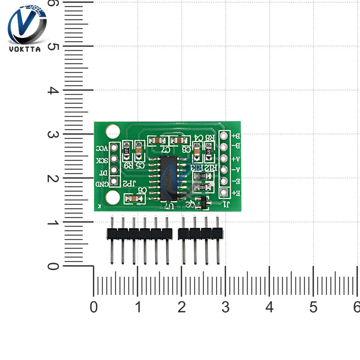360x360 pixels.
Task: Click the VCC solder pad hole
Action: pos(114,147)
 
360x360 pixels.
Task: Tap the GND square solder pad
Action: pos(114,181)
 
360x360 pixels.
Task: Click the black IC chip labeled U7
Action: pos(168,178)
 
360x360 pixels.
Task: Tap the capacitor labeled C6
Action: pos(132,198)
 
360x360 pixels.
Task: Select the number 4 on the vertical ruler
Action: pos(53,90)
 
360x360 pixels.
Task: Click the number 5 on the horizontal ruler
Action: pos(313,307)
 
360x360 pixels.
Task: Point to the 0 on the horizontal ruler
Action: pos(94,307)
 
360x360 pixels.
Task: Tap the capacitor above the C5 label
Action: pos(139,150)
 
